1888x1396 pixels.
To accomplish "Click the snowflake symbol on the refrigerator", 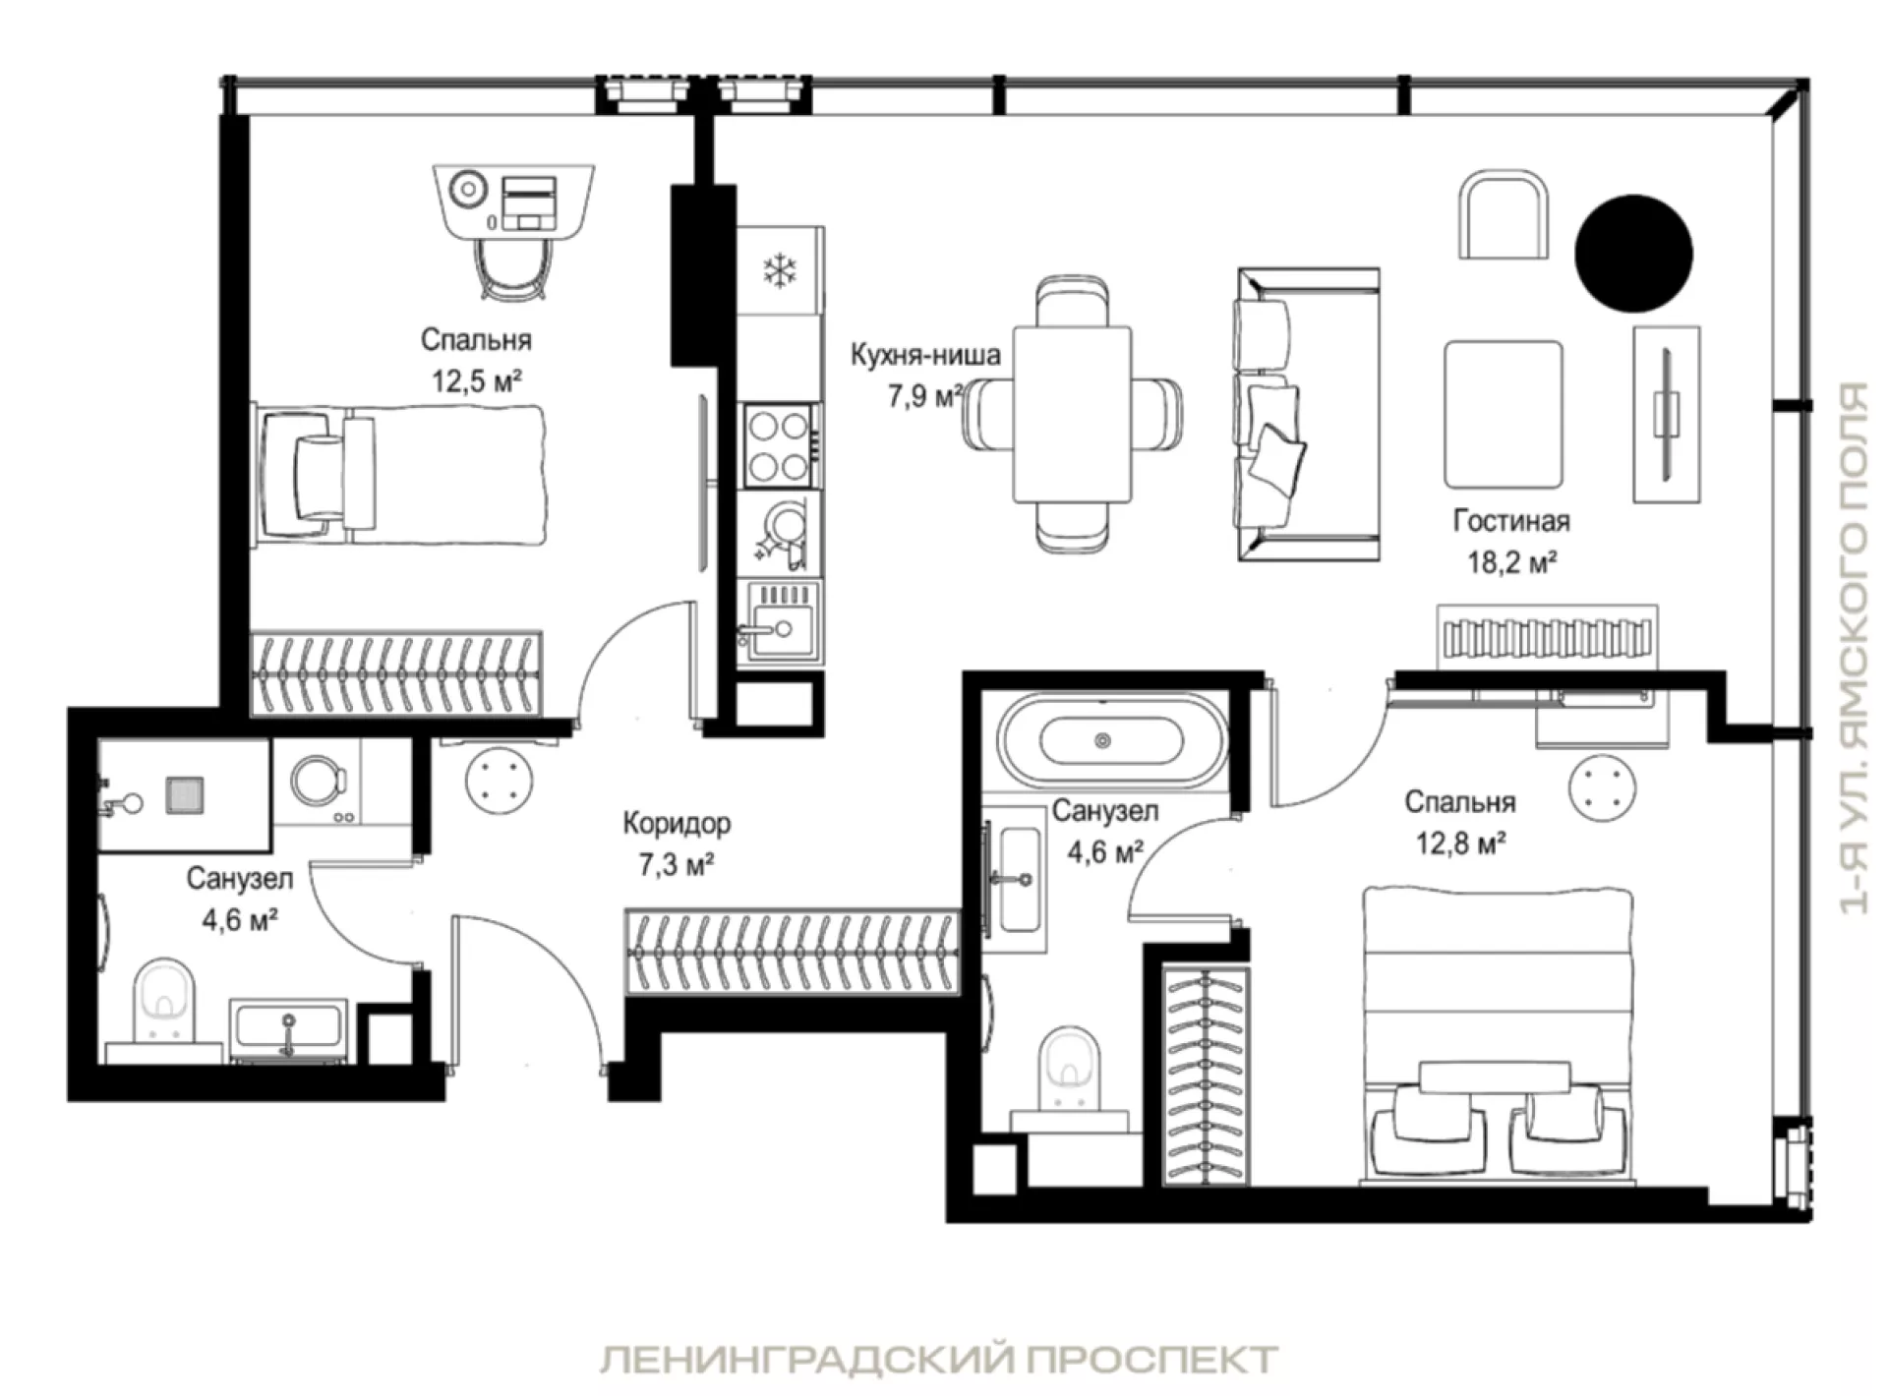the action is (x=781, y=270).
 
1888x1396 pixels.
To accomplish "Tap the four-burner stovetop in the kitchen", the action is (x=778, y=445).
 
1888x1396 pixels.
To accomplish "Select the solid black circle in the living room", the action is (x=1633, y=254).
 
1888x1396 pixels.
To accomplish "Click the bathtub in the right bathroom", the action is (x=1111, y=740).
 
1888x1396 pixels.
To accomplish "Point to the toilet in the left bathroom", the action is (x=164, y=1001).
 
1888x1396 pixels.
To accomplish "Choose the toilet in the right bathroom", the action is (x=1071, y=1069).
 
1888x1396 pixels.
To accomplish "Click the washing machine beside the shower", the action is (x=318, y=783).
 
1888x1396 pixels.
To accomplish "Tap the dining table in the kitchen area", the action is (x=1072, y=414).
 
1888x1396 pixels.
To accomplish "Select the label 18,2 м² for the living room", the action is (x=1511, y=562).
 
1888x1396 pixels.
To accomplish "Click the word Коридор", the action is (x=677, y=823).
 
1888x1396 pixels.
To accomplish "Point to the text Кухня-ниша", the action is (x=925, y=354).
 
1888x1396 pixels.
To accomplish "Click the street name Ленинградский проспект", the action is (x=939, y=1361).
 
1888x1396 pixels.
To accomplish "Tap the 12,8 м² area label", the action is (x=1460, y=843).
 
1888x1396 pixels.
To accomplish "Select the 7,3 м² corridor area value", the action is (x=677, y=865).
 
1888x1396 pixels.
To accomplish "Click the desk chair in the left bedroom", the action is (x=512, y=266).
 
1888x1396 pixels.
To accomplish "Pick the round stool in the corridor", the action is (x=500, y=781).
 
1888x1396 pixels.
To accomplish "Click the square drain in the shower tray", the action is (x=184, y=795).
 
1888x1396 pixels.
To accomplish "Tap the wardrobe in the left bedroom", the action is (x=396, y=672).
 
